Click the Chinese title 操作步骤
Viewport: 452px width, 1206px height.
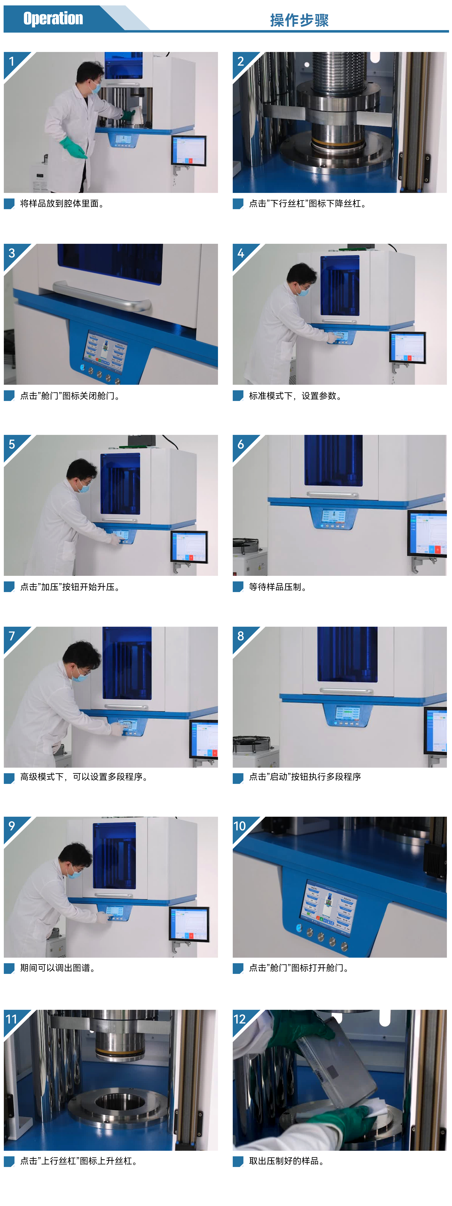[299, 20]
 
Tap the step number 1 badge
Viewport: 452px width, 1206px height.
[12, 61]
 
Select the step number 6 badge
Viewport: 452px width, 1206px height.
[241, 444]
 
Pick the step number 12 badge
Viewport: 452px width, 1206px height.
[239, 1019]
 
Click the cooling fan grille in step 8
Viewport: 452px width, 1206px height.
[252, 744]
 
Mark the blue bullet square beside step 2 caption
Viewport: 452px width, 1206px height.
[238, 204]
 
